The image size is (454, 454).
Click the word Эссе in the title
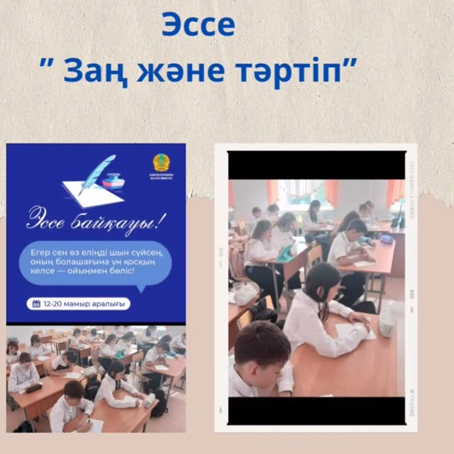coord(198,25)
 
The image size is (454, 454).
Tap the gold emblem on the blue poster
coord(161,162)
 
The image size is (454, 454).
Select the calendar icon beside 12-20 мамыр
coord(37,304)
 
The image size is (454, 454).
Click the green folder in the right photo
coord(286,250)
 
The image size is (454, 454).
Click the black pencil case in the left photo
coord(33,387)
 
